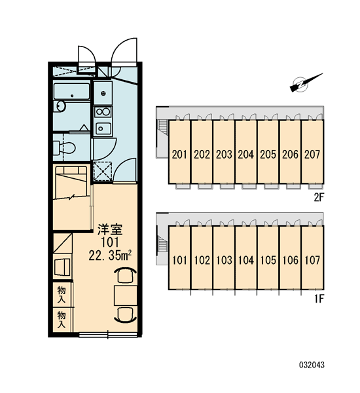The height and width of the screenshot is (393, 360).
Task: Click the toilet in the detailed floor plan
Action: (x=65, y=148)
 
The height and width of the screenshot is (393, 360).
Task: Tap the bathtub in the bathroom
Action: (x=71, y=92)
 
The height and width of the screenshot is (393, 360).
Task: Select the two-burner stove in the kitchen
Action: (x=103, y=112)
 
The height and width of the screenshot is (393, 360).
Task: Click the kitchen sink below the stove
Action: (x=103, y=128)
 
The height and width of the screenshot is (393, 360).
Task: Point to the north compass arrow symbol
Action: (x=306, y=83)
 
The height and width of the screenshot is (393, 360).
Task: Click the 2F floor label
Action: (x=319, y=198)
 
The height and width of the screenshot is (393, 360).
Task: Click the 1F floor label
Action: (x=319, y=299)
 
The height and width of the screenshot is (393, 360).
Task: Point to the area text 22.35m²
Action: (x=110, y=255)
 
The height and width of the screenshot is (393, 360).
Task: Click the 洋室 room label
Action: (x=110, y=230)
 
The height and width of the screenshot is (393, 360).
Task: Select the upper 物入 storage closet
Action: (x=62, y=295)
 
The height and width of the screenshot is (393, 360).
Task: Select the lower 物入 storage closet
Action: (x=62, y=320)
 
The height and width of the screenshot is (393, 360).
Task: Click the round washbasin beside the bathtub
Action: (x=60, y=106)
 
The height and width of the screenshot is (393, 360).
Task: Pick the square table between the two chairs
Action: (x=125, y=295)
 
